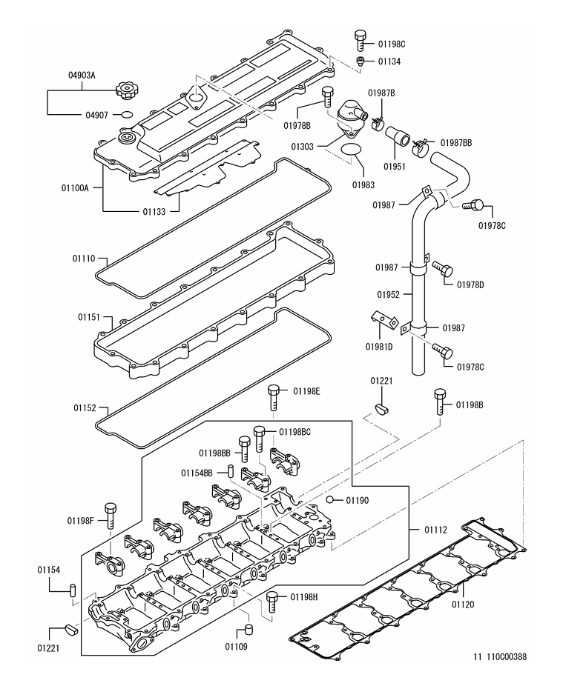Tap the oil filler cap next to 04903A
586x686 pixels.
click(126, 92)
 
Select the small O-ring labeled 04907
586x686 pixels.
click(127, 115)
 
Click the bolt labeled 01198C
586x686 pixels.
click(361, 38)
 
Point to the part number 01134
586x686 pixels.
click(389, 61)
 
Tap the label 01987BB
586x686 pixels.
click(456, 142)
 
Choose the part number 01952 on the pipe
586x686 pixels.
click(388, 294)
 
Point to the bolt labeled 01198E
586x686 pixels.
click(274, 396)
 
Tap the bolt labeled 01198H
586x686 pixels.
click(271, 602)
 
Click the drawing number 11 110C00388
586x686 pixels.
click(501, 656)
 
